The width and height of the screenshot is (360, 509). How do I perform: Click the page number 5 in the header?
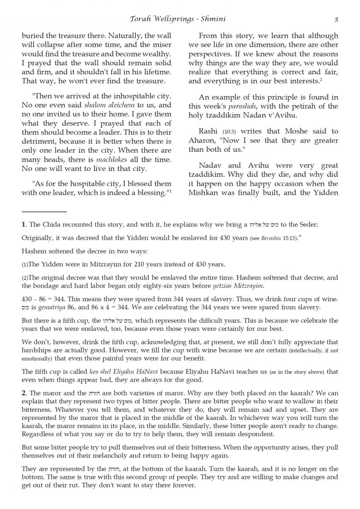(x=336, y=19)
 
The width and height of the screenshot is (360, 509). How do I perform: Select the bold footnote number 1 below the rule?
(x=24, y=224)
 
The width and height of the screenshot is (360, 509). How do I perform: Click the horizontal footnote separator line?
(x=44, y=211)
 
